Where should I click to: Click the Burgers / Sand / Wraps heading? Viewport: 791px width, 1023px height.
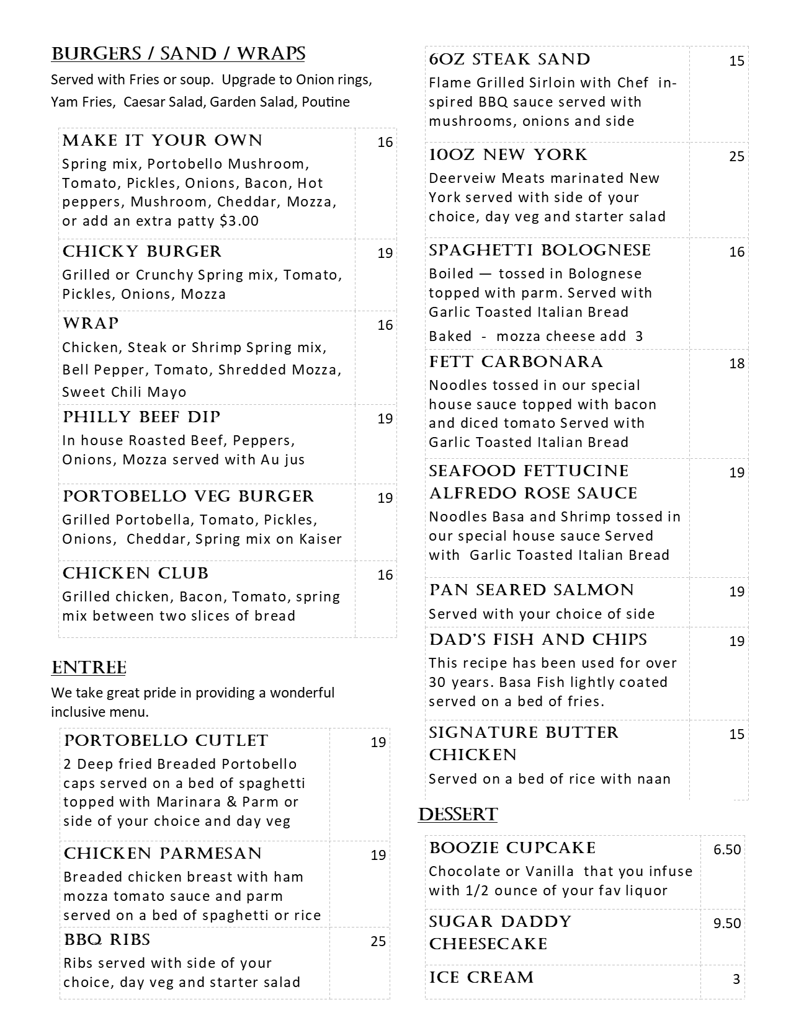point(178,55)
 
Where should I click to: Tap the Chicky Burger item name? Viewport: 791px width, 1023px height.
point(142,252)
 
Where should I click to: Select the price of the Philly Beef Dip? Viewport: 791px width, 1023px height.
point(385,418)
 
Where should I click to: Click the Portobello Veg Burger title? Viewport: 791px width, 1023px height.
point(189,497)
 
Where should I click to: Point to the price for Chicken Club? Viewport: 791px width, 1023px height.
point(385,575)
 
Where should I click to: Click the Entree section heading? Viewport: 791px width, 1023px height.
point(89,668)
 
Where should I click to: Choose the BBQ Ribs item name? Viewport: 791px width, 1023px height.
point(107,940)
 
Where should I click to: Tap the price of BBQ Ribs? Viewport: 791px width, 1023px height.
point(378,941)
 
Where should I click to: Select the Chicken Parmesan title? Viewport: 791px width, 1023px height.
point(163,854)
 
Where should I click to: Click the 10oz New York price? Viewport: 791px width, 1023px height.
point(736,156)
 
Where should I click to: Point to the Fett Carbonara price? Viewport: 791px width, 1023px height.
point(736,363)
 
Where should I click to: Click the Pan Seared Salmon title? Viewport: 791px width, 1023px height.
point(531,590)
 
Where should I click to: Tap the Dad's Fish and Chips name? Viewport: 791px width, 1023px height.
point(538,640)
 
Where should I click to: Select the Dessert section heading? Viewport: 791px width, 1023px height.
point(458,815)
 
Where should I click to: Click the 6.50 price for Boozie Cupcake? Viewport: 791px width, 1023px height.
point(727,849)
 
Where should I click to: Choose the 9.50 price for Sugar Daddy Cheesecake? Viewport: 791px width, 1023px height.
point(727,923)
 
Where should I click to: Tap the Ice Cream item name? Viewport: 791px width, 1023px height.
point(481,978)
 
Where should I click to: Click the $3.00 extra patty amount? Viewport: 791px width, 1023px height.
point(239,221)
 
